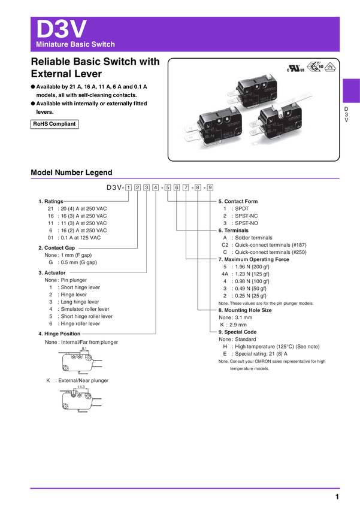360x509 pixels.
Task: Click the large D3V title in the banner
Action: pyautogui.click(x=61, y=29)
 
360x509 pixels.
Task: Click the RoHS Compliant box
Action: pyautogui.click(x=55, y=124)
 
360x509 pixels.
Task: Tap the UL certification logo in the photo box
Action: pyautogui.click(x=296, y=68)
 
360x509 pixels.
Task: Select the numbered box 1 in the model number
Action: pyautogui.click(x=129, y=187)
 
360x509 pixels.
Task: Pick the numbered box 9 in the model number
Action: pyautogui.click(x=210, y=187)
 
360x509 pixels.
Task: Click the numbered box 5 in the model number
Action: pyautogui.click(x=168, y=187)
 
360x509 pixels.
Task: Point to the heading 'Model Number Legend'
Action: pyautogui.click(x=71, y=172)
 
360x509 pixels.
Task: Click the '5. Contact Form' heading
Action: pyautogui.click(x=238, y=201)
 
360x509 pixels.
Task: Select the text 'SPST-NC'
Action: pyautogui.click(x=246, y=216)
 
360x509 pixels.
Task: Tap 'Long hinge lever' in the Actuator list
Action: pyautogui.click(x=80, y=302)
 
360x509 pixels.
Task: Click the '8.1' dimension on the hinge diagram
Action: pyautogui.click(x=84, y=349)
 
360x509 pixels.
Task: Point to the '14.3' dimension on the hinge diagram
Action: pyautogui.click(x=81, y=387)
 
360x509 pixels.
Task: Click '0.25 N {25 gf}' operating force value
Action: pyautogui.click(x=250, y=296)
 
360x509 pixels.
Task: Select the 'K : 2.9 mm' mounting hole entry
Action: pyautogui.click(x=234, y=325)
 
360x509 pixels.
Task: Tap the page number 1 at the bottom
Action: pyautogui.click(x=337, y=496)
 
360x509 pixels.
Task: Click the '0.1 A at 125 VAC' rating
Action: pyautogui.click(x=81, y=238)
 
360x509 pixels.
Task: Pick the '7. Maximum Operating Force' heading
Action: pyautogui.click(x=253, y=259)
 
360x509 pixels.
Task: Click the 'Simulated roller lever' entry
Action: pyautogui.click(x=85, y=309)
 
